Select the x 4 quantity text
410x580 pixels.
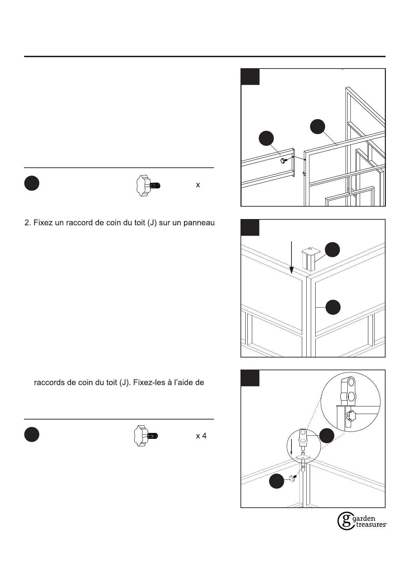coord(201,436)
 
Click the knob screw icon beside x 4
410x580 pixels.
coord(146,436)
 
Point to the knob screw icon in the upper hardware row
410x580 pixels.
coord(148,185)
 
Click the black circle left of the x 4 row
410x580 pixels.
coord(32,435)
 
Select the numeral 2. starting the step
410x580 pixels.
coord(28,223)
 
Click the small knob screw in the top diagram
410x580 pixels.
coord(284,160)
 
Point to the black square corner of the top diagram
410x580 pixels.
coord(250,77)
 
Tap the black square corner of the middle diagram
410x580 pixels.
coord(250,228)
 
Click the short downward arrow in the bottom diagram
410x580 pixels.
coord(291,446)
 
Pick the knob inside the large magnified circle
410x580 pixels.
coord(351,416)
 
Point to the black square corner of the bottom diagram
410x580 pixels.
coord(250,378)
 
